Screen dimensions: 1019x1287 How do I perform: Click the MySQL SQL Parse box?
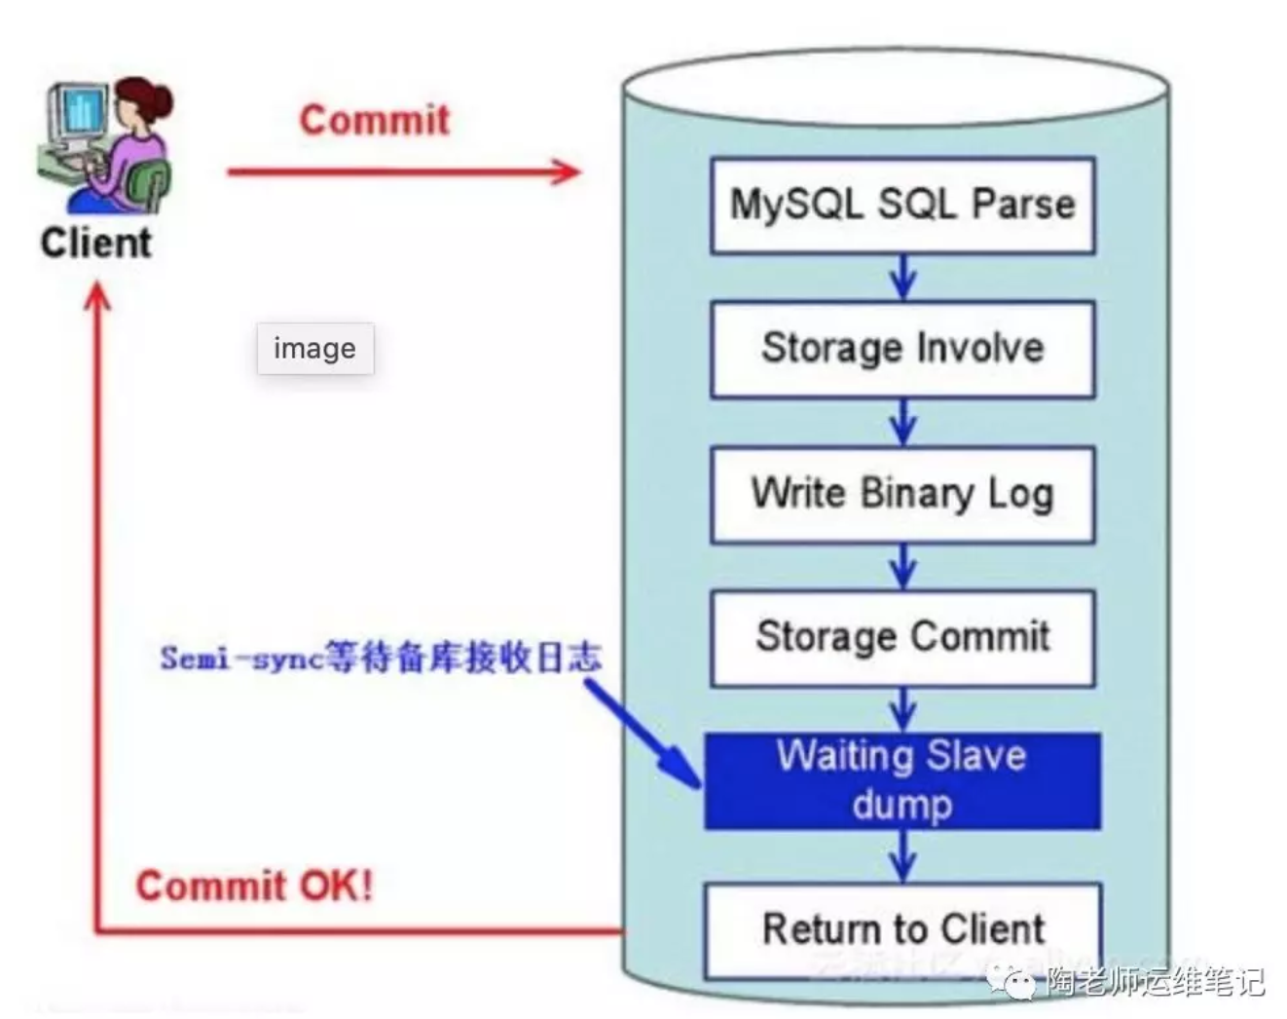902,206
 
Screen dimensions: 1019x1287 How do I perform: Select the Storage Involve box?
902,349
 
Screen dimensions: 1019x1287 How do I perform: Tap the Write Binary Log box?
902,494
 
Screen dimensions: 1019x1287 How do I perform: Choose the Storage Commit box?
902,637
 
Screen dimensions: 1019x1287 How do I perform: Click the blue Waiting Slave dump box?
902,781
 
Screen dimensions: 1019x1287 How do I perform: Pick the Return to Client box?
902,929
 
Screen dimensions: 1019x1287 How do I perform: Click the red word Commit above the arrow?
375,120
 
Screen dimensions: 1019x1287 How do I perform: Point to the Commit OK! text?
254,887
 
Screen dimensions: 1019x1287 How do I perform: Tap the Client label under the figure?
96,243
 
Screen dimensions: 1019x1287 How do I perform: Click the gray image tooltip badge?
314,349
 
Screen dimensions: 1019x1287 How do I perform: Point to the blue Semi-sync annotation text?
381,658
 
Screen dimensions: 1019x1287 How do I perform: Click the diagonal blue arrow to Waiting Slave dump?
643,732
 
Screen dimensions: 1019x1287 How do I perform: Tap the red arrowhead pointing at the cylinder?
565,172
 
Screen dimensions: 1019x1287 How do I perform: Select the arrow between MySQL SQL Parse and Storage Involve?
903,278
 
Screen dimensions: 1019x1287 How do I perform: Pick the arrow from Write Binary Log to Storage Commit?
903,566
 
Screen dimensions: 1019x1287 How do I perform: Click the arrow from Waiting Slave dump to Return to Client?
903,856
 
